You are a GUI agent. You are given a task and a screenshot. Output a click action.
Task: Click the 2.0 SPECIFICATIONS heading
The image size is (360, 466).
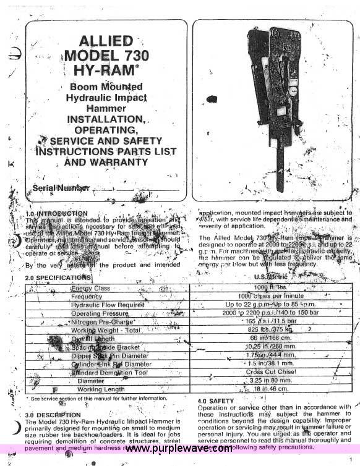[58, 277]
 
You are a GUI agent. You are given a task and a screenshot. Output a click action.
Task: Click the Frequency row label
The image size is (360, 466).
[87, 297]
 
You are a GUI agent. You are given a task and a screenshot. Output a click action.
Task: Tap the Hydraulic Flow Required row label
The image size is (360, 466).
[107, 305]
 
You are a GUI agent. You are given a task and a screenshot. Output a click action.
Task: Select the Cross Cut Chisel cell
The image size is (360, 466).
[271, 373]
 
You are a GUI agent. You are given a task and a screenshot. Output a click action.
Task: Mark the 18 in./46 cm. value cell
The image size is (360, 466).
[271, 389]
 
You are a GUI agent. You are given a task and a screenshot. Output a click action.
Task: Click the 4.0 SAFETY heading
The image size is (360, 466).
[215, 401]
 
